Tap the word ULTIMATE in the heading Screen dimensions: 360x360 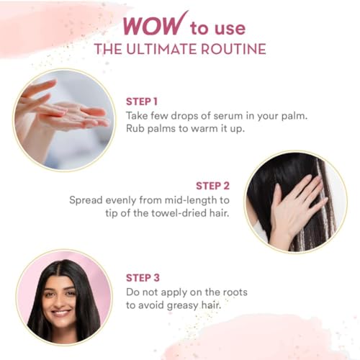162,49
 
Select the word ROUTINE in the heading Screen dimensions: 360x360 233,49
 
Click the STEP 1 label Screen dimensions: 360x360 142,102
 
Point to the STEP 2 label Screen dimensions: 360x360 212,186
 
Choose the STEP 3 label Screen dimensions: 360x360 143,278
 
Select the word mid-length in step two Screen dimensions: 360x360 179,200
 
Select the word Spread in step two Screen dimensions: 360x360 86,200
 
